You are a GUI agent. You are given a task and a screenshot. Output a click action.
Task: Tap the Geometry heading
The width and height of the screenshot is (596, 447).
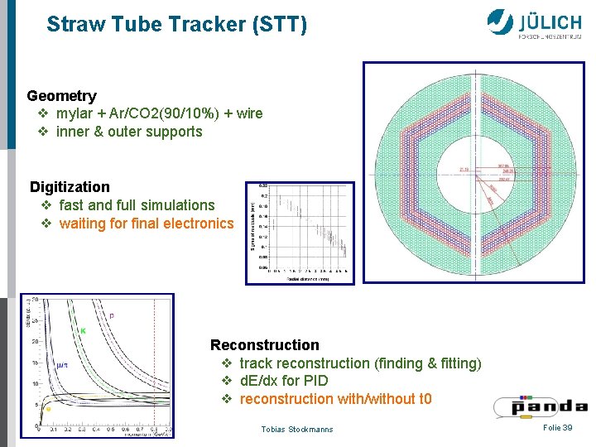tap(62, 96)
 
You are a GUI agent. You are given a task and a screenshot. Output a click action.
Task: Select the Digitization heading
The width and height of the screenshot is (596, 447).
tap(70, 187)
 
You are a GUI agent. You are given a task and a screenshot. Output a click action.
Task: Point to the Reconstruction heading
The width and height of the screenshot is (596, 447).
tap(264, 345)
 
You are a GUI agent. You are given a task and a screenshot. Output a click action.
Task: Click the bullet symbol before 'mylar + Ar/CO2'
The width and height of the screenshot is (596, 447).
tap(43, 113)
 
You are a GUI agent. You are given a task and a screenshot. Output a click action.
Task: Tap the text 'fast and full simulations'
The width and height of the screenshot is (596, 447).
tap(137, 205)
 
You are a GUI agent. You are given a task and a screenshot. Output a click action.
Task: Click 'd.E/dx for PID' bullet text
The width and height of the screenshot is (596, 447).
tap(283, 381)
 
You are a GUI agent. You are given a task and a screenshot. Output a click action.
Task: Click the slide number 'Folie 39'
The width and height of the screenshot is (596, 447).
tap(557, 427)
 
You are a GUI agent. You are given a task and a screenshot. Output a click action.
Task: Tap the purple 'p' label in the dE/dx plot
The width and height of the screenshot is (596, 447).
tap(112, 315)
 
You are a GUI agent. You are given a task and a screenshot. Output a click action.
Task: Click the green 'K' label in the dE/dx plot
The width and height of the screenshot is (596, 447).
tap(82, 330)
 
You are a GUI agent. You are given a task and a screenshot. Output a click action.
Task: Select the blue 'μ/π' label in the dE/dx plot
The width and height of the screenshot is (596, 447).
tap(62, 365)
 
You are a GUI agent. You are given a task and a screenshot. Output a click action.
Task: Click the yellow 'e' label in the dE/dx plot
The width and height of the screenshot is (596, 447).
tap(47, 408)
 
